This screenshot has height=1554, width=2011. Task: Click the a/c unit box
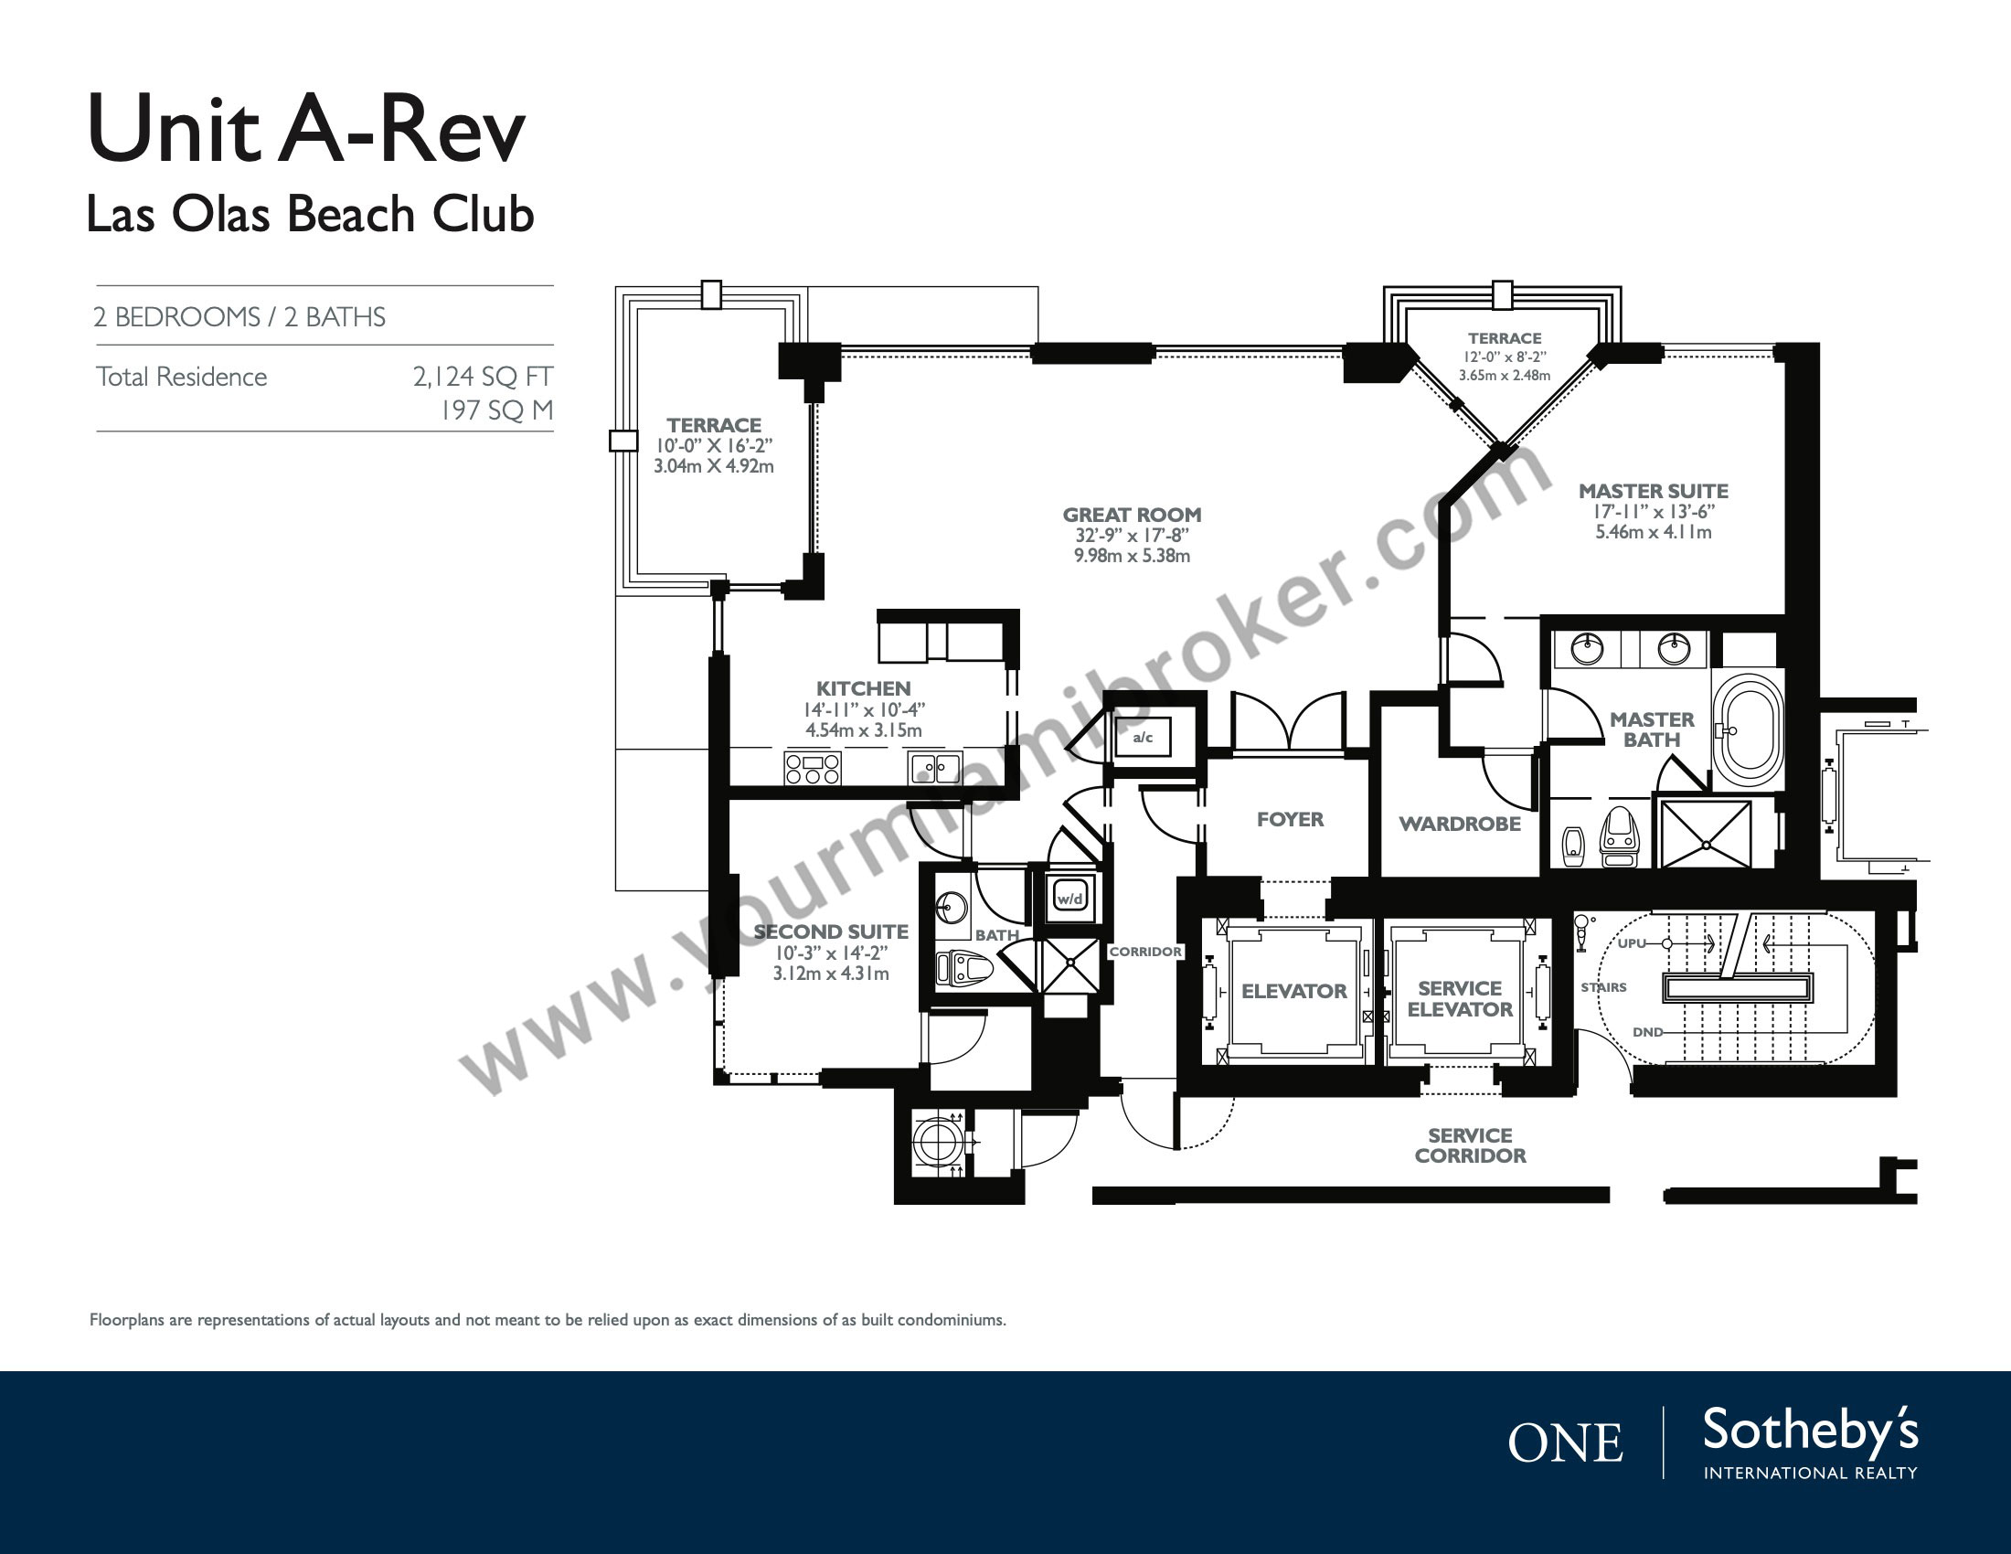1143,737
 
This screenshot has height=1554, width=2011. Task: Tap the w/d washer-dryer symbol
1070,898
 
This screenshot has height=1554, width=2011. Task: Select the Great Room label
1132,515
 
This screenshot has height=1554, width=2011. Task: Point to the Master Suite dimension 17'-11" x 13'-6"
1653,512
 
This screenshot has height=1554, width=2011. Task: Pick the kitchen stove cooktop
812,769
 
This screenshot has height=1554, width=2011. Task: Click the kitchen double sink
934,768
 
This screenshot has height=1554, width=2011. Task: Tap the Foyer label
1290,819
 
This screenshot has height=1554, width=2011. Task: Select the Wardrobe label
1460,824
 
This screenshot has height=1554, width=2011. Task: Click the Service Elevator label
1460,999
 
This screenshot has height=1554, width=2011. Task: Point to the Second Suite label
831,931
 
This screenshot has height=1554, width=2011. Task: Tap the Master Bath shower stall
1707,834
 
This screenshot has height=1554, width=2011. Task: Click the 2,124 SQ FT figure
483,377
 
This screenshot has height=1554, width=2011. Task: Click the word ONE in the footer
1565,1442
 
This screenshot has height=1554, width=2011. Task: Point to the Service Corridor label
1471,1145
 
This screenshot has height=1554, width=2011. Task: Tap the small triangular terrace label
1505,339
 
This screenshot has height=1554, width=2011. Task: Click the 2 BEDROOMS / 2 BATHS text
239,317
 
